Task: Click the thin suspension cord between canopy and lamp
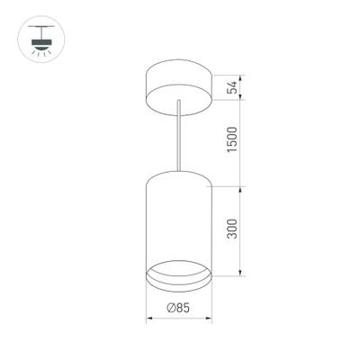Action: pyautogui.click(x=178, y=135)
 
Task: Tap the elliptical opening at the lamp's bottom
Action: pyautogui.click(x=178, y=271)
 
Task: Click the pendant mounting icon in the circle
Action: pyautogui.click(x=40, y=40)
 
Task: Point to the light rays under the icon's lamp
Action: pyautogui.click(x=40, y=55)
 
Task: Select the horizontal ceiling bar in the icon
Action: pyautogui.click(x=40, y=27)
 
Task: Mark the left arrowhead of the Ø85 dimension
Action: pyautogui.click(x=148, y=319)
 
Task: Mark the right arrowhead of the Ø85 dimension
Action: pyautogui.click(x=209, y=319)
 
